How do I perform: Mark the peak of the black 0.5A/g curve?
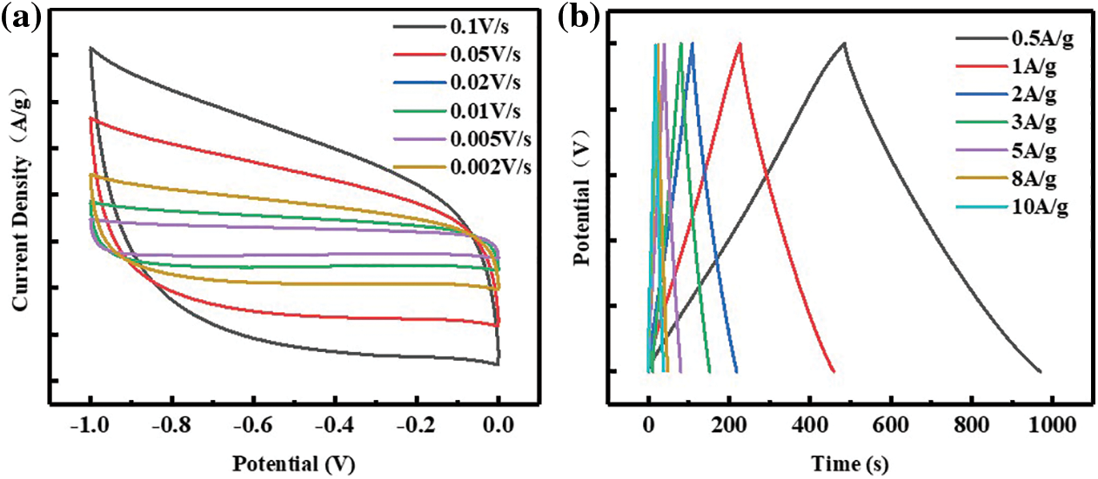[844, 43]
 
